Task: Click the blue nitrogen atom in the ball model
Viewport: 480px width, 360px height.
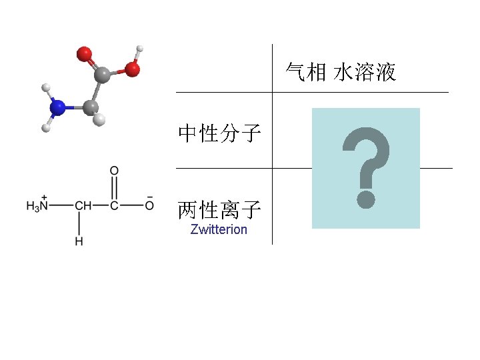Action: point(59,107)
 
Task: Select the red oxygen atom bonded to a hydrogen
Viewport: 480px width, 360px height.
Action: point(133,68)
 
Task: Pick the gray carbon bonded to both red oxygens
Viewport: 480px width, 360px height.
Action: point(102,75)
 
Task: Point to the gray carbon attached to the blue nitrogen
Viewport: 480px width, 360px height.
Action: point(90,107)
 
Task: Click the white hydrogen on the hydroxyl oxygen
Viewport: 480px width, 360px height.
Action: point(139,49)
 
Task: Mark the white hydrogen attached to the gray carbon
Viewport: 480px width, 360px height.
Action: point(99,120)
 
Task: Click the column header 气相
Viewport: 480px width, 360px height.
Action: point(306,72)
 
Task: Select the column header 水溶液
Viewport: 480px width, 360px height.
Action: point(365,72)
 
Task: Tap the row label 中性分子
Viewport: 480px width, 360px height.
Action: point(219,134)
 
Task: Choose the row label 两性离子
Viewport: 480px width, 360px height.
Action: point(219,211)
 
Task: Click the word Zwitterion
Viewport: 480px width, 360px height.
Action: point(219,230)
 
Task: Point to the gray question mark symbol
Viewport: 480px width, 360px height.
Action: point(365,167)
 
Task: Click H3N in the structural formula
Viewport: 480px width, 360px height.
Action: point(37,206)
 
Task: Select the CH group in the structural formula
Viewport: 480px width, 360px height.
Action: point(83,206)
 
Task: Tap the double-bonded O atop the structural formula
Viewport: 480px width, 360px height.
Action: point(114,171)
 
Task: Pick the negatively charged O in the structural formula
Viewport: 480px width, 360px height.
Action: point(149,206)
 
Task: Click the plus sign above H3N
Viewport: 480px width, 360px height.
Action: point(44,197)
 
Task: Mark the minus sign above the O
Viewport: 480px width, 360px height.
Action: point(149,197)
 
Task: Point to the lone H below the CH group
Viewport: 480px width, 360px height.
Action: point(79,241)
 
